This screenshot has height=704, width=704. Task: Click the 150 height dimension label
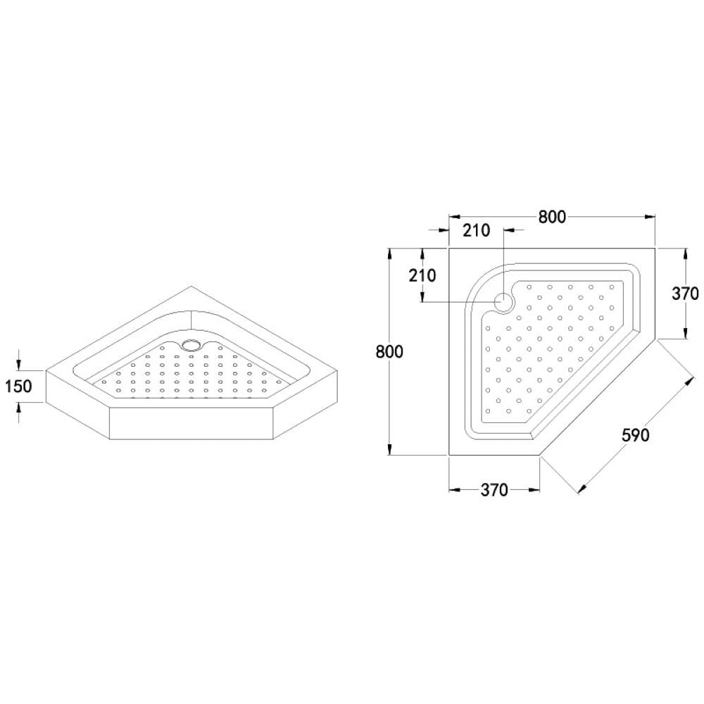pyautogui.click(x=18, y=386)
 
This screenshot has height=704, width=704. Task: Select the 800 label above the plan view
pyautogui.click(x=552, y=217)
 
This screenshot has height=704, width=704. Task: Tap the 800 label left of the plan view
pyautogui.click(x=390, y=351)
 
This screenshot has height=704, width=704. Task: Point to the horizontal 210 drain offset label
pyautogui.click(x=477, y=230)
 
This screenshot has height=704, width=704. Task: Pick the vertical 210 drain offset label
pyautogui.click(x=422, y=275)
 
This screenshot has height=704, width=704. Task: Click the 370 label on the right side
pyautogui.click(x=685, y=293)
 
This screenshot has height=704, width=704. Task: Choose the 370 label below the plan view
pyautogui.click(x=494, y=490)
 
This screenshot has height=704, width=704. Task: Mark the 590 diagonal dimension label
pyautogui.click(x=636, y=434)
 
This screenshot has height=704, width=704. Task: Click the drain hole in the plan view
pyautogui.click(x=504, y=302)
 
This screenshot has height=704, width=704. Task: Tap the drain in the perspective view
pyautogui.click(x=191, y=345)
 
